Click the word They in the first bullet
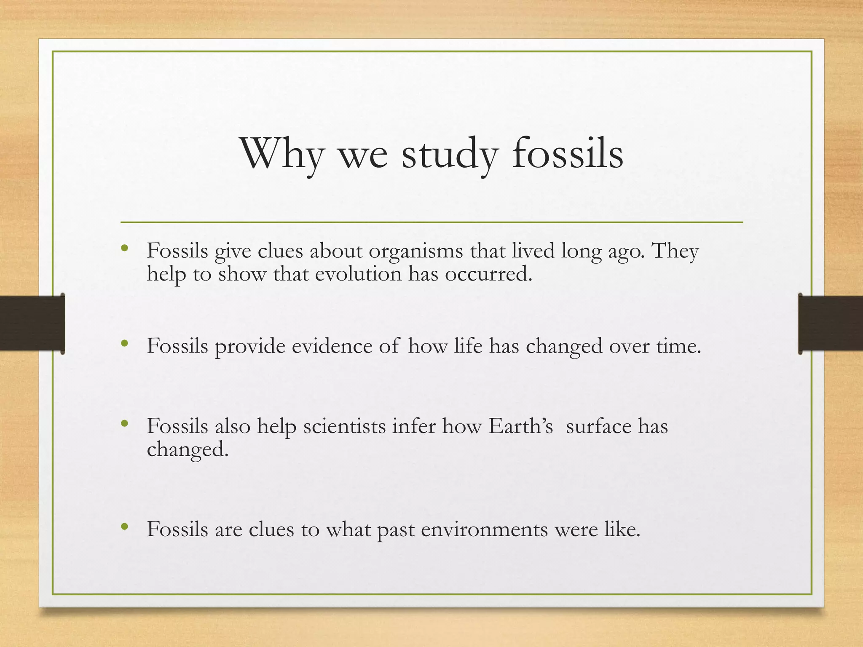point(675,252)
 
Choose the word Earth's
point(520,426)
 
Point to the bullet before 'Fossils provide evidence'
point(124,344)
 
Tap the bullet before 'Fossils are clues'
point(124,527)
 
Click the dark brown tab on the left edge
point(32,323)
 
